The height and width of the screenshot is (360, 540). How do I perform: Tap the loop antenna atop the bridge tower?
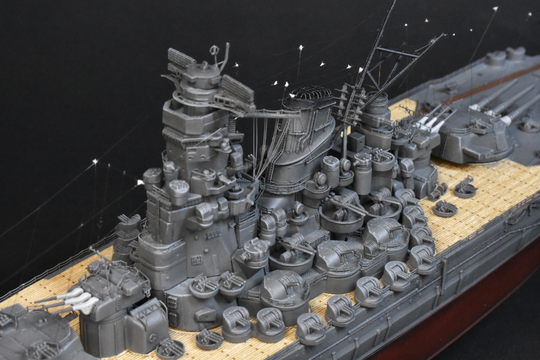click(214, 50)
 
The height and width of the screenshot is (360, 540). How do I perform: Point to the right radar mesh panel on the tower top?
click(237, 88)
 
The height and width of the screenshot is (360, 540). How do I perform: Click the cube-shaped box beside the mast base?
click(356, 141)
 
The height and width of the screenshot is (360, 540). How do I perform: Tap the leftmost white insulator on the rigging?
click(95, 161)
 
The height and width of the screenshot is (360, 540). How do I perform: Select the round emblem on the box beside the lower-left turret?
click(153, 335)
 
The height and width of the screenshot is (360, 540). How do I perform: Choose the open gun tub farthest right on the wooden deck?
click(465, 189)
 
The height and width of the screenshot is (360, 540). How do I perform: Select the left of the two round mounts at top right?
click(495, 57)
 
